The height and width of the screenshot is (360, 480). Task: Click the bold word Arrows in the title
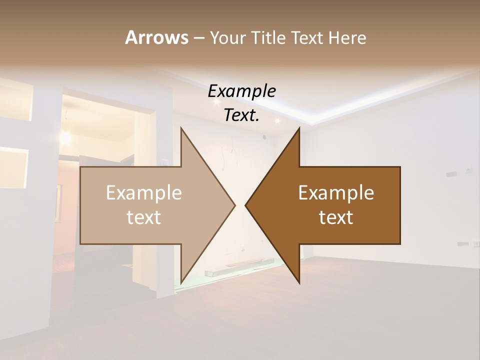click(156, 37)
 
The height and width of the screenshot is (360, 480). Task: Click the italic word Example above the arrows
click(241, 91)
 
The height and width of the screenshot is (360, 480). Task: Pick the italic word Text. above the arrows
click(241, 115)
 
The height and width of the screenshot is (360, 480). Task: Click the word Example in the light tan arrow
click(144, 192)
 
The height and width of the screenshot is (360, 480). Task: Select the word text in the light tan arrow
click(144, 217)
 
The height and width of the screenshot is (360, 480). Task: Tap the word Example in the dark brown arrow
click(336, 192)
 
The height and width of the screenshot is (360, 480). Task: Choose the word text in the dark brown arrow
click(336, 217)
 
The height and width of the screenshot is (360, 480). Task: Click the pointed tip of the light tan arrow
click(234, 205)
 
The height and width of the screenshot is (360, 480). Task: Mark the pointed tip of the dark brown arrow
click(245, 205)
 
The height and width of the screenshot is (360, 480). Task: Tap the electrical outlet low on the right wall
click(463, 244)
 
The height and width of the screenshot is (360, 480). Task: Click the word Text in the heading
click(309, 37)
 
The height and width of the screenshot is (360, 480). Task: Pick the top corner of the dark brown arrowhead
click(299, 128)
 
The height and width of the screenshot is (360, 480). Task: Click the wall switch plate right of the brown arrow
click(468, 170)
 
